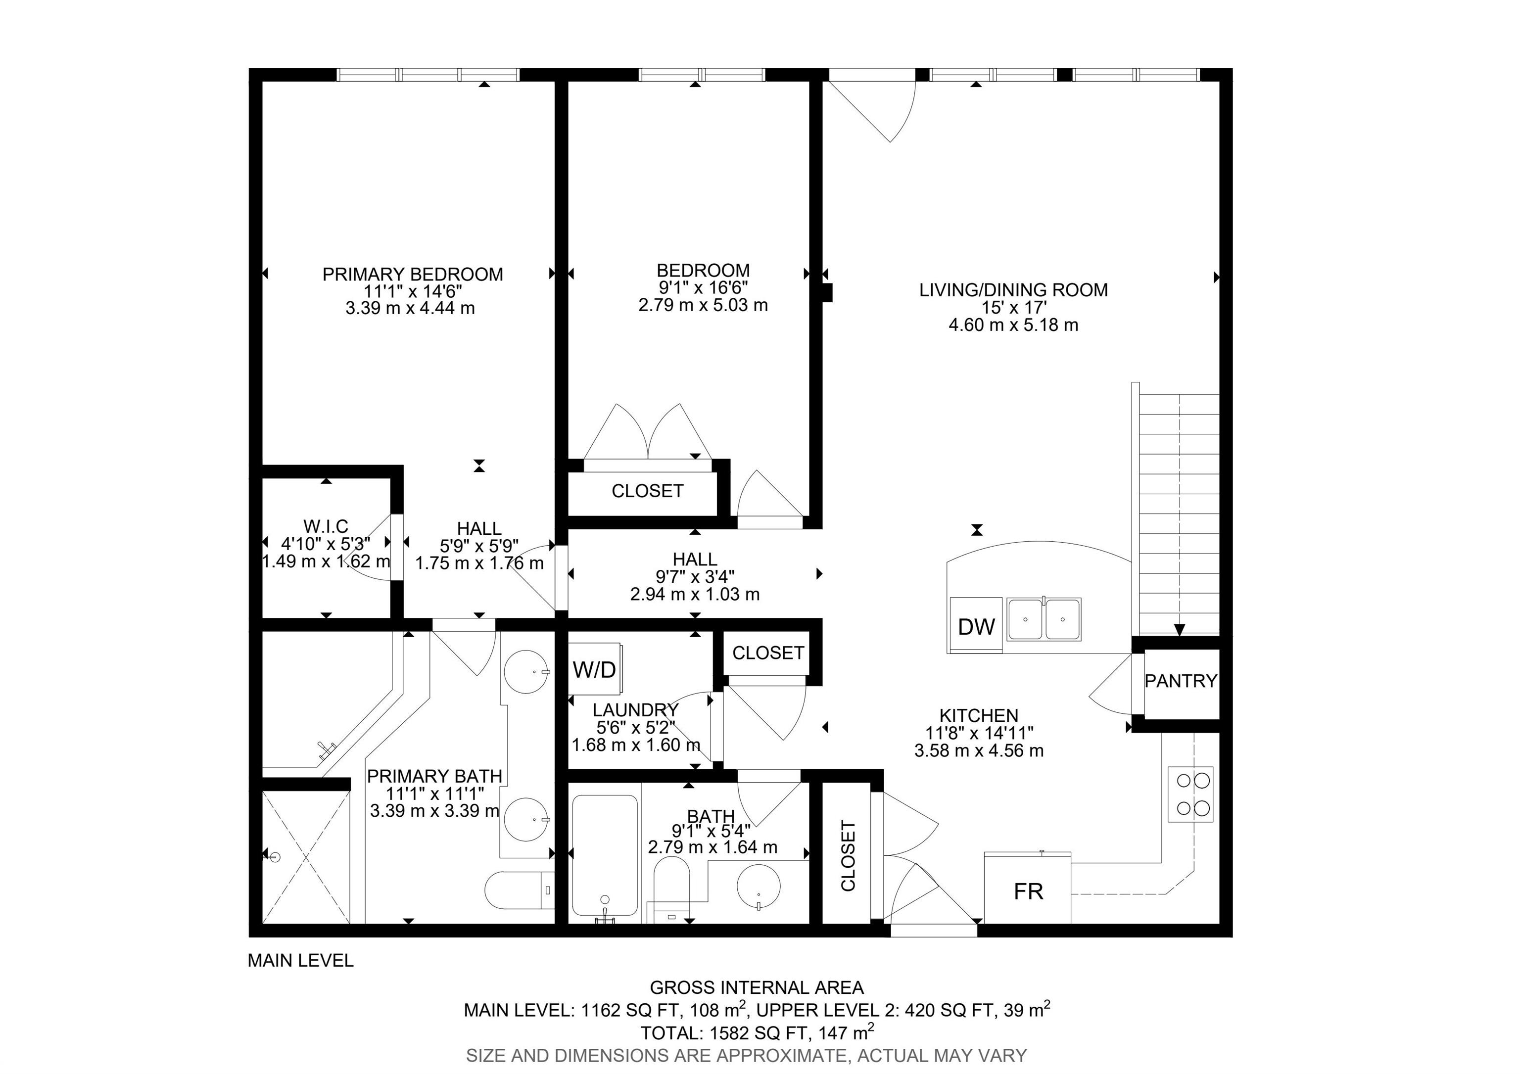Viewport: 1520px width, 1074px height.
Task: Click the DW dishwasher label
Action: point(977,627)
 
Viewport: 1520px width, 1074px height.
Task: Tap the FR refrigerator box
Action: point(1028,887)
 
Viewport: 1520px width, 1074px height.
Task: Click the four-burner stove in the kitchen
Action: point(1189,794)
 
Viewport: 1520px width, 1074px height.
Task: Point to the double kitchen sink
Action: point(1044,619)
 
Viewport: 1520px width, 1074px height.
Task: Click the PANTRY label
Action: point(1181,680)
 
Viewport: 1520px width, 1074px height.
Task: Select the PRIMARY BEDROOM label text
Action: point(413,274)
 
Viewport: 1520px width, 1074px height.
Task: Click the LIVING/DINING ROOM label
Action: point(1013,290)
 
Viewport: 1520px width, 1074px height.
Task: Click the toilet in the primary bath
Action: point(520,890)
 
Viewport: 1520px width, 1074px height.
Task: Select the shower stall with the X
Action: point(306,856)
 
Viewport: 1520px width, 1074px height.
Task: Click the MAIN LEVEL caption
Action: point(300,960)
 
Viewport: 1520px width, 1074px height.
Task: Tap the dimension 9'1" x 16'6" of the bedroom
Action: point(703,288)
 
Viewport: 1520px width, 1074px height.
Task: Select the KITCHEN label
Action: point(979,715)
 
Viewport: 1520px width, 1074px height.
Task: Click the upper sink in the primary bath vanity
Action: point(526,671)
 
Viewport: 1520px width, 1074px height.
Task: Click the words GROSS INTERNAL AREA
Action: point(757,988)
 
